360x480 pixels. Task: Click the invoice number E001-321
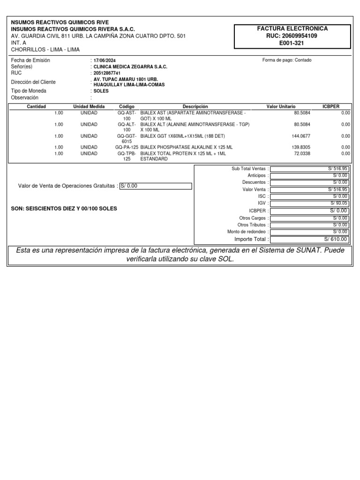click(x=292, y=43)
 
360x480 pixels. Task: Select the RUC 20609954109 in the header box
click(x=292, y=36)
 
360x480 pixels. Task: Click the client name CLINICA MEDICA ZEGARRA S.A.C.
click(x=130, y=67)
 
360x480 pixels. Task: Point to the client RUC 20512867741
click(x=107, y=74)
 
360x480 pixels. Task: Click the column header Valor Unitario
click(x=281, y=107)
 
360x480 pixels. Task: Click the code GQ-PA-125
click(x=127, y=147)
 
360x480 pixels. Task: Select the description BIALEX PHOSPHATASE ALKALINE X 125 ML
click(x=187, y=147)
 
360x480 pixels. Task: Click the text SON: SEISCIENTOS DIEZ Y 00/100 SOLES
click(x=64, y=209)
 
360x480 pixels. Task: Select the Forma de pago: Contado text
click(x=287, y=60)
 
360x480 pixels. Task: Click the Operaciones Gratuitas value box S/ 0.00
click(x=156, y=186)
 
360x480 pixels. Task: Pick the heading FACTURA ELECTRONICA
click(x=292, y=29)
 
